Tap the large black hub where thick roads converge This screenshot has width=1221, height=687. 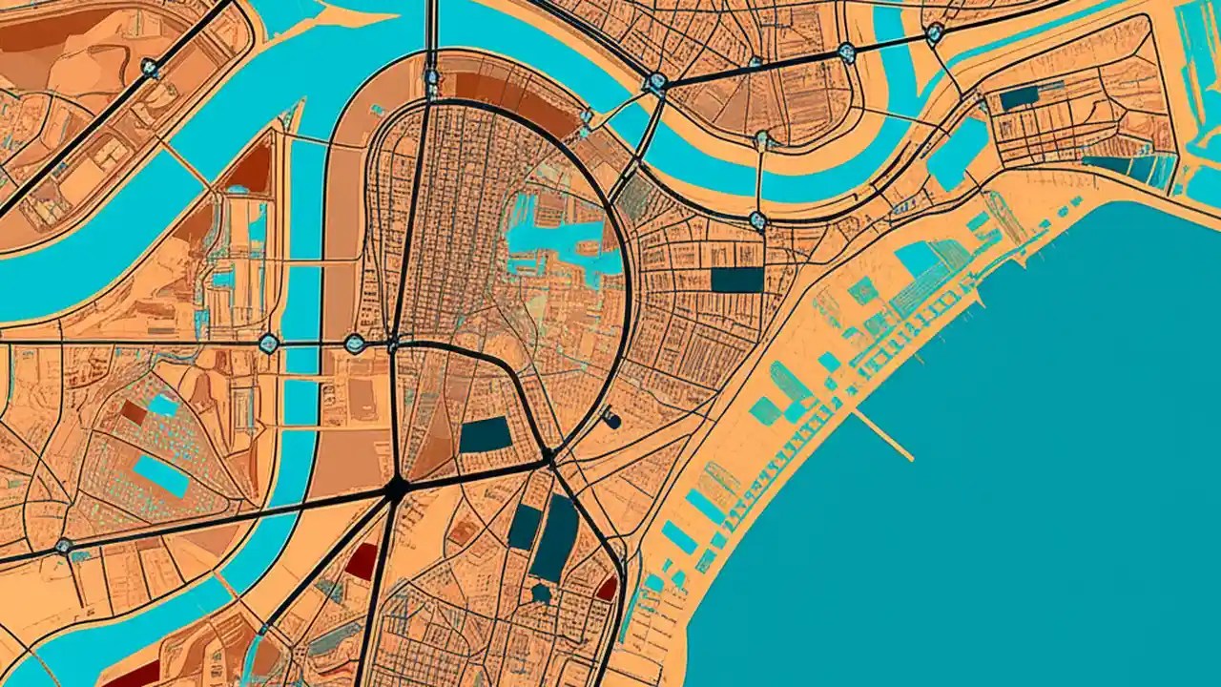click(x=397, y=489)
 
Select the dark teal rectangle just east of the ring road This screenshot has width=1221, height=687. click(x=737, y=280)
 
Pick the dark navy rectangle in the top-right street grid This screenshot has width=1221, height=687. click(x=1019, y=97)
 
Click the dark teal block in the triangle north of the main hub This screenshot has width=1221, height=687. click(x=486, y=435)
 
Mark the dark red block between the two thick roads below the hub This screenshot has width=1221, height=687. click(x=362, y=561)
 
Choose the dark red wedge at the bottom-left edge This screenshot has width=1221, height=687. click(x=134, y=675)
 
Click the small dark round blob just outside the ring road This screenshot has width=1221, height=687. click(x=612, y=420)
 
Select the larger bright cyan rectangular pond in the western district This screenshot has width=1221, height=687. click(x=161, y=475)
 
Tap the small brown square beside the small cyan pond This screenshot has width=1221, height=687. click(x=134, y=412)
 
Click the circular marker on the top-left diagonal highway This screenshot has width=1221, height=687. click(x=150, y=67)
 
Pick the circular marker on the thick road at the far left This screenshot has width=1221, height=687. click(x=64, y=547)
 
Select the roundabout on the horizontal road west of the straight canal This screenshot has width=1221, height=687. click(x=268, y=343)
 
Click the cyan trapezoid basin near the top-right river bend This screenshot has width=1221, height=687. click(x=957, y=153)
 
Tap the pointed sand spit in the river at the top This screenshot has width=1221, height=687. click(x=367, y=17)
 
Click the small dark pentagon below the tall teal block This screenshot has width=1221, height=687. click(x=542, y=593)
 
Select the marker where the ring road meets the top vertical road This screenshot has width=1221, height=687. click(x=432, y=78)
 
